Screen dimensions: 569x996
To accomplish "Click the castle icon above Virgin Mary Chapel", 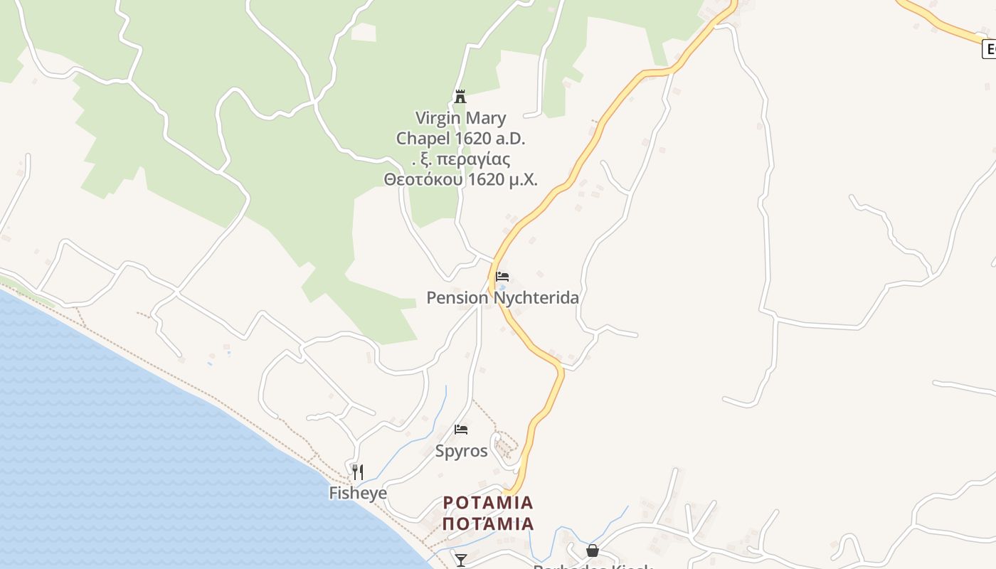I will tap(460, 96).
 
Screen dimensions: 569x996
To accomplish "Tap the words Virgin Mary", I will tap(460, 118).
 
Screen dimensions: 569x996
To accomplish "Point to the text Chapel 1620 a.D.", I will tap(460, 138).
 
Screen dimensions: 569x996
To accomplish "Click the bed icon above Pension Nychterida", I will tap(502, 277).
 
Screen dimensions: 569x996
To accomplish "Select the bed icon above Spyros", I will tap(461, 430).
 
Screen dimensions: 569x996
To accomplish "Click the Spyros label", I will tap(461, 451).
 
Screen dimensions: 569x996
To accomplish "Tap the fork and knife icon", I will tap(358, 472).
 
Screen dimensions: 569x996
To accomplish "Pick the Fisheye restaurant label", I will tap(358, 493).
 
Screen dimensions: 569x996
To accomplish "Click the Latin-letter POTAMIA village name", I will tap(488, 503).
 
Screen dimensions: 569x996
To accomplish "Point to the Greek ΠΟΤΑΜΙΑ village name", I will tap(488, 524).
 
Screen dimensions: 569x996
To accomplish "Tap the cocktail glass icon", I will tap(461, 560).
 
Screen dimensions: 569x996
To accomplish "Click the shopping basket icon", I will tap(592, 551).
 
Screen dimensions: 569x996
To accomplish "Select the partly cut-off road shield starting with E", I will tap(989, 49).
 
